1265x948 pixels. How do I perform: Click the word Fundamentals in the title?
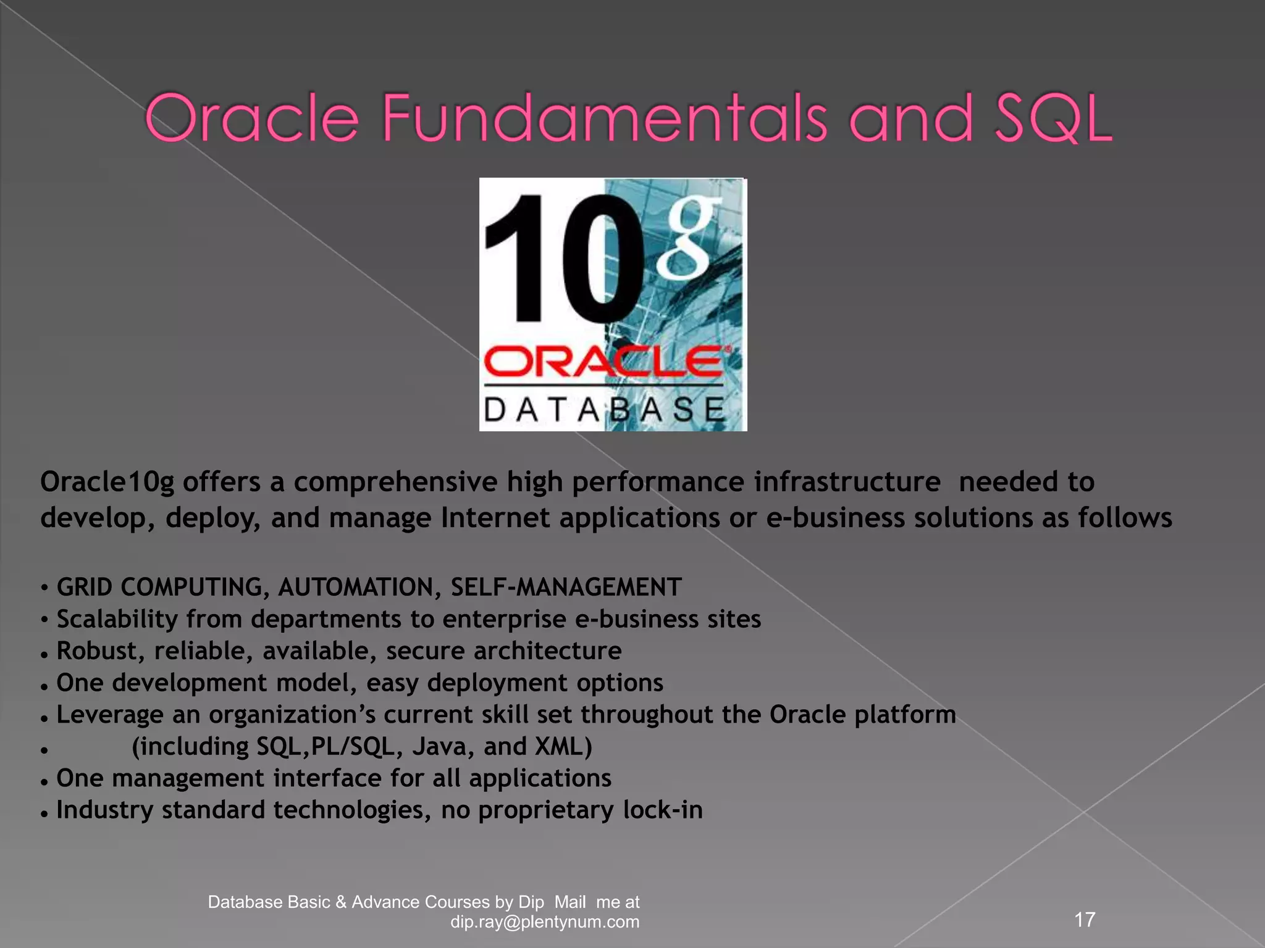point(604,117)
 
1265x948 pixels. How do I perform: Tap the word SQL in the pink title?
point(1053,117)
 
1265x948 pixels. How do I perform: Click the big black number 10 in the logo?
point(562,259)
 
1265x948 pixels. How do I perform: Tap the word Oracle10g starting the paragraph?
point(107,482)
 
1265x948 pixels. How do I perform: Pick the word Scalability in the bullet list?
point(117,619)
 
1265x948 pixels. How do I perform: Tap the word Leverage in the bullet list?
point(109,715)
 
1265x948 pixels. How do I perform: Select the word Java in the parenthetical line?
point(443,747)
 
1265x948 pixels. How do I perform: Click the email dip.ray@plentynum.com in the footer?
point(545,922)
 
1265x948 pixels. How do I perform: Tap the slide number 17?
point(1085,920)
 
